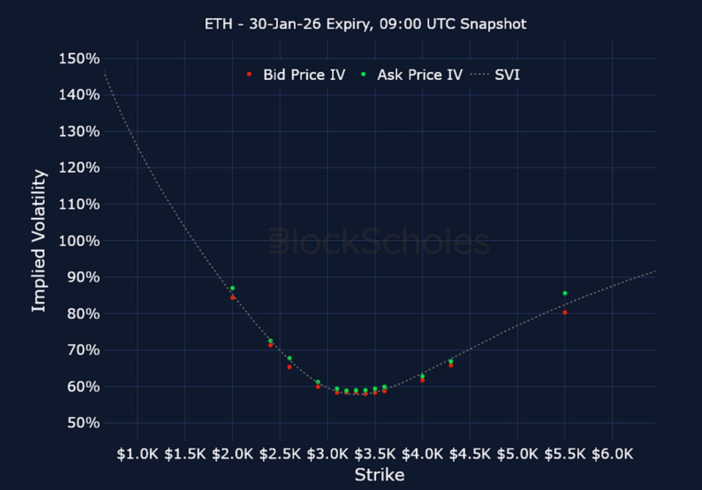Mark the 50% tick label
pyautogui.click(x=80, y=424)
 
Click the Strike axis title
pyautogui.click(x=379, y=475)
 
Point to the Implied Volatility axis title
pyautogui.click(x=39, y=240)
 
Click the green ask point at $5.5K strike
pyautogui.click(x=565, y=293)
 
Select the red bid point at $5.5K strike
pyautogui.click(x=565, y=313)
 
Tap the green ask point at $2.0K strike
pyautogui.click(x=232, y=288)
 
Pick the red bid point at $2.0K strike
pyautogui.click(x=232, y=298)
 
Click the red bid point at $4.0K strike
pyautogui.click(x=422, y=380)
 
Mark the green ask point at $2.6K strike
pyautogui.click(x=289, y=358)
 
